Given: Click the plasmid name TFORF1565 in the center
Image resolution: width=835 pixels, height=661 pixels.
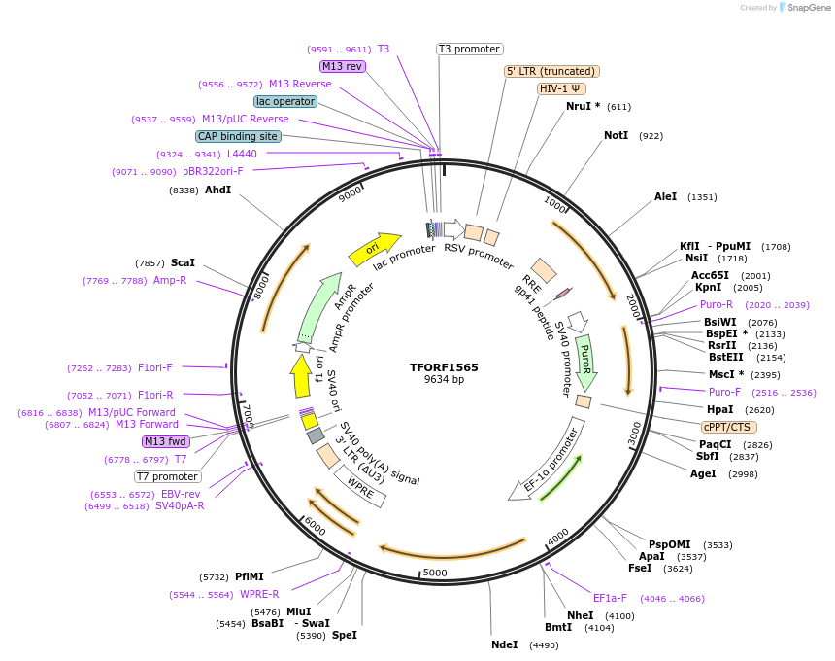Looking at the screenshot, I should [x=444, y=367].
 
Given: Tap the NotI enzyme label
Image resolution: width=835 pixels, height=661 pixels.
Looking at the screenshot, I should [x=616, y=135].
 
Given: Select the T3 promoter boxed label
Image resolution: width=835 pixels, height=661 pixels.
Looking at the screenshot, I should [x=469, y=49].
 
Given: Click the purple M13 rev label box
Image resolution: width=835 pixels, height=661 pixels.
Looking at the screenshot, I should [x=342, y=66].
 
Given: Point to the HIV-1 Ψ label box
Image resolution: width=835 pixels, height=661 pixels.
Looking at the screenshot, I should [x=562, y=88].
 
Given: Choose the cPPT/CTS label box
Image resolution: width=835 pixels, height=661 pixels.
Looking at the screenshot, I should [x=729, y=427].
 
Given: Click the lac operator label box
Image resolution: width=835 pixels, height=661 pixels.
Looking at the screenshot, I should [x=285, y=101].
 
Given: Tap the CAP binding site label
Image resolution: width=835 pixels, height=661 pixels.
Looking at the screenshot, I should [x=238, y=136].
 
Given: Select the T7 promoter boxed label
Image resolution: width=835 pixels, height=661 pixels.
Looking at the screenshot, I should [x=168, y=476].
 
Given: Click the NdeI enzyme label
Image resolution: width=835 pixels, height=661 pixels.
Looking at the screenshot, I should [x=505, y=644].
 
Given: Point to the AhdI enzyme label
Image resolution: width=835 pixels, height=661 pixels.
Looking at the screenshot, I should [x=217, y=190].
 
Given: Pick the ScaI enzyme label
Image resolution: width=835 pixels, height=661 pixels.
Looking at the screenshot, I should [x=183, y=262].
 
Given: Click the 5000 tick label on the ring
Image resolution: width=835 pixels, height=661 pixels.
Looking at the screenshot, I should [x=434, y=572].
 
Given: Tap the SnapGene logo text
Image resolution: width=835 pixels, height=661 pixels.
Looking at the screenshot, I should [x=806, y=8].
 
